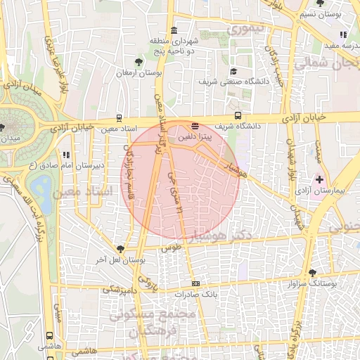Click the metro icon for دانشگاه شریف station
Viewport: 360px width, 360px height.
point(238,115)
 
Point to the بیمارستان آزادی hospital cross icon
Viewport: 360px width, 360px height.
point(320,180)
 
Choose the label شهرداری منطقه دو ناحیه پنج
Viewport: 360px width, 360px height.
point(174,46)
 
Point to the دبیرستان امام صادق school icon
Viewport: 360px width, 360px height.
point(65,155)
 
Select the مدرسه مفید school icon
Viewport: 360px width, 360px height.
point(342,34)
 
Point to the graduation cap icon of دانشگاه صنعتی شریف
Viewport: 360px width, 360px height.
point(233,71)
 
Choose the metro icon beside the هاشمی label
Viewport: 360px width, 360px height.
point(50,335)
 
